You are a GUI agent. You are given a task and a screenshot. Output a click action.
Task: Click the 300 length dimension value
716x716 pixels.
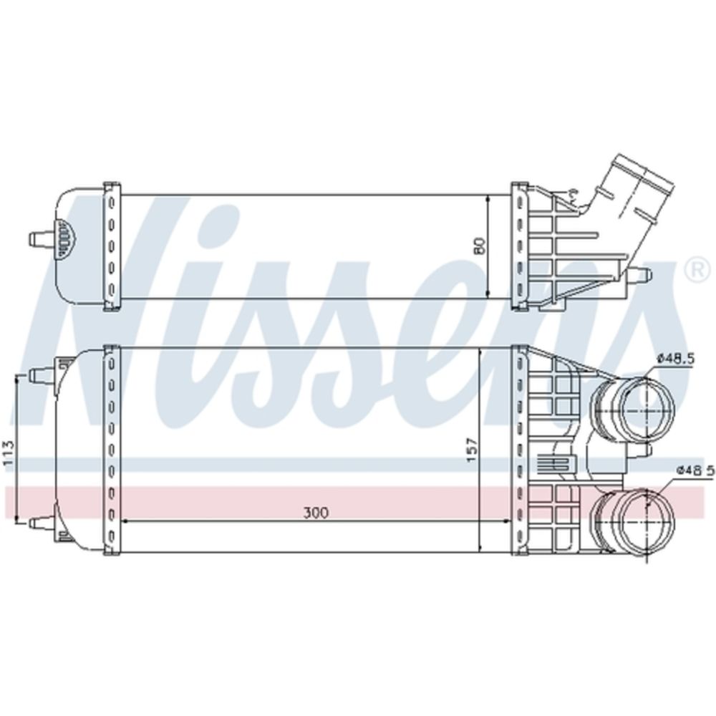point(316,513)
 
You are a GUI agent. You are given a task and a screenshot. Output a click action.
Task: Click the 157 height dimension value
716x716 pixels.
point(472,450)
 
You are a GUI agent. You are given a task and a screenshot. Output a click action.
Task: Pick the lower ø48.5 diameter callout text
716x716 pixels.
point(695,470)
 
